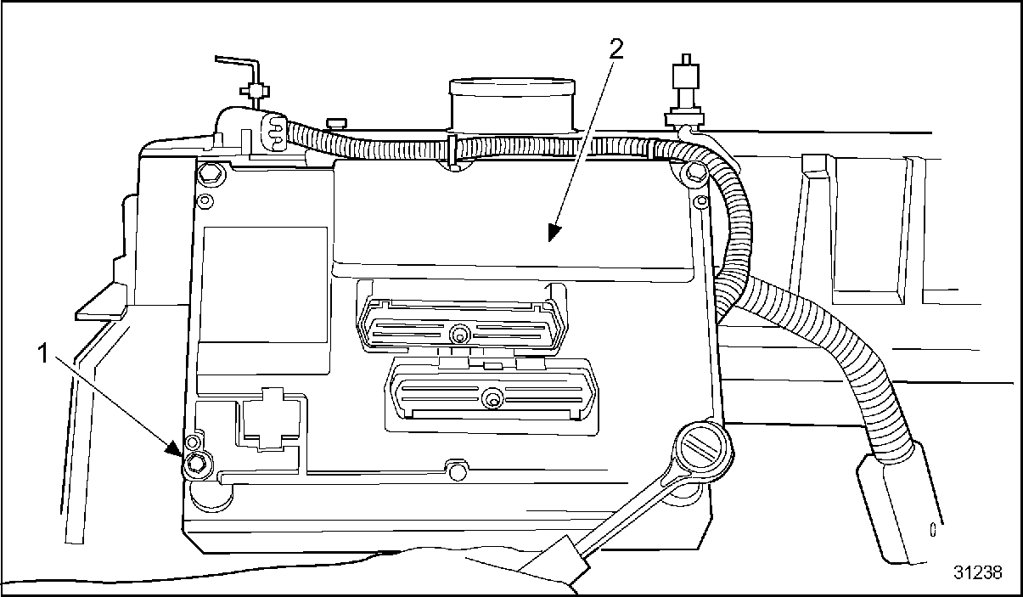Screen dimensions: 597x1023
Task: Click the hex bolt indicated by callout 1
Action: pyautogui.click(x=197, y=462)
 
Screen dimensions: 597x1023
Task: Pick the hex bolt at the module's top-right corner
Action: pyautogui.click(x=694, y=174)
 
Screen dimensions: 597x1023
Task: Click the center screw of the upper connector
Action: pyautogui.click(x=459, y=333)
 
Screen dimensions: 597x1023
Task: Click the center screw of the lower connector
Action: pyautogui.click(x=491, y=397)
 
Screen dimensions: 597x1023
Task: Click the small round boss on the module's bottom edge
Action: pyautogui.click(x=458, y=470)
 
